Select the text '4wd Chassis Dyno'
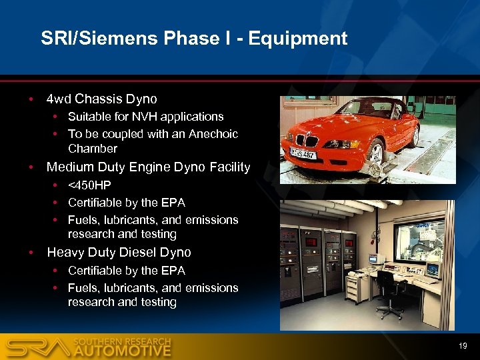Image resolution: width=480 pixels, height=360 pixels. pos(101,99)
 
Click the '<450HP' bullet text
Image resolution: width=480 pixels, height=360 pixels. pos(89,185)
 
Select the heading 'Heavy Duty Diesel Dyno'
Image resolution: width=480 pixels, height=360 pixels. pos(119,253)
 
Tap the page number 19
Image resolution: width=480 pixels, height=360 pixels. pos(463,346)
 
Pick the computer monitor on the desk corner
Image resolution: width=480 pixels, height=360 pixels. pos(432,269)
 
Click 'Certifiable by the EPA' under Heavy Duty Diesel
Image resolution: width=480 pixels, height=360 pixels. pos(127,270)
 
